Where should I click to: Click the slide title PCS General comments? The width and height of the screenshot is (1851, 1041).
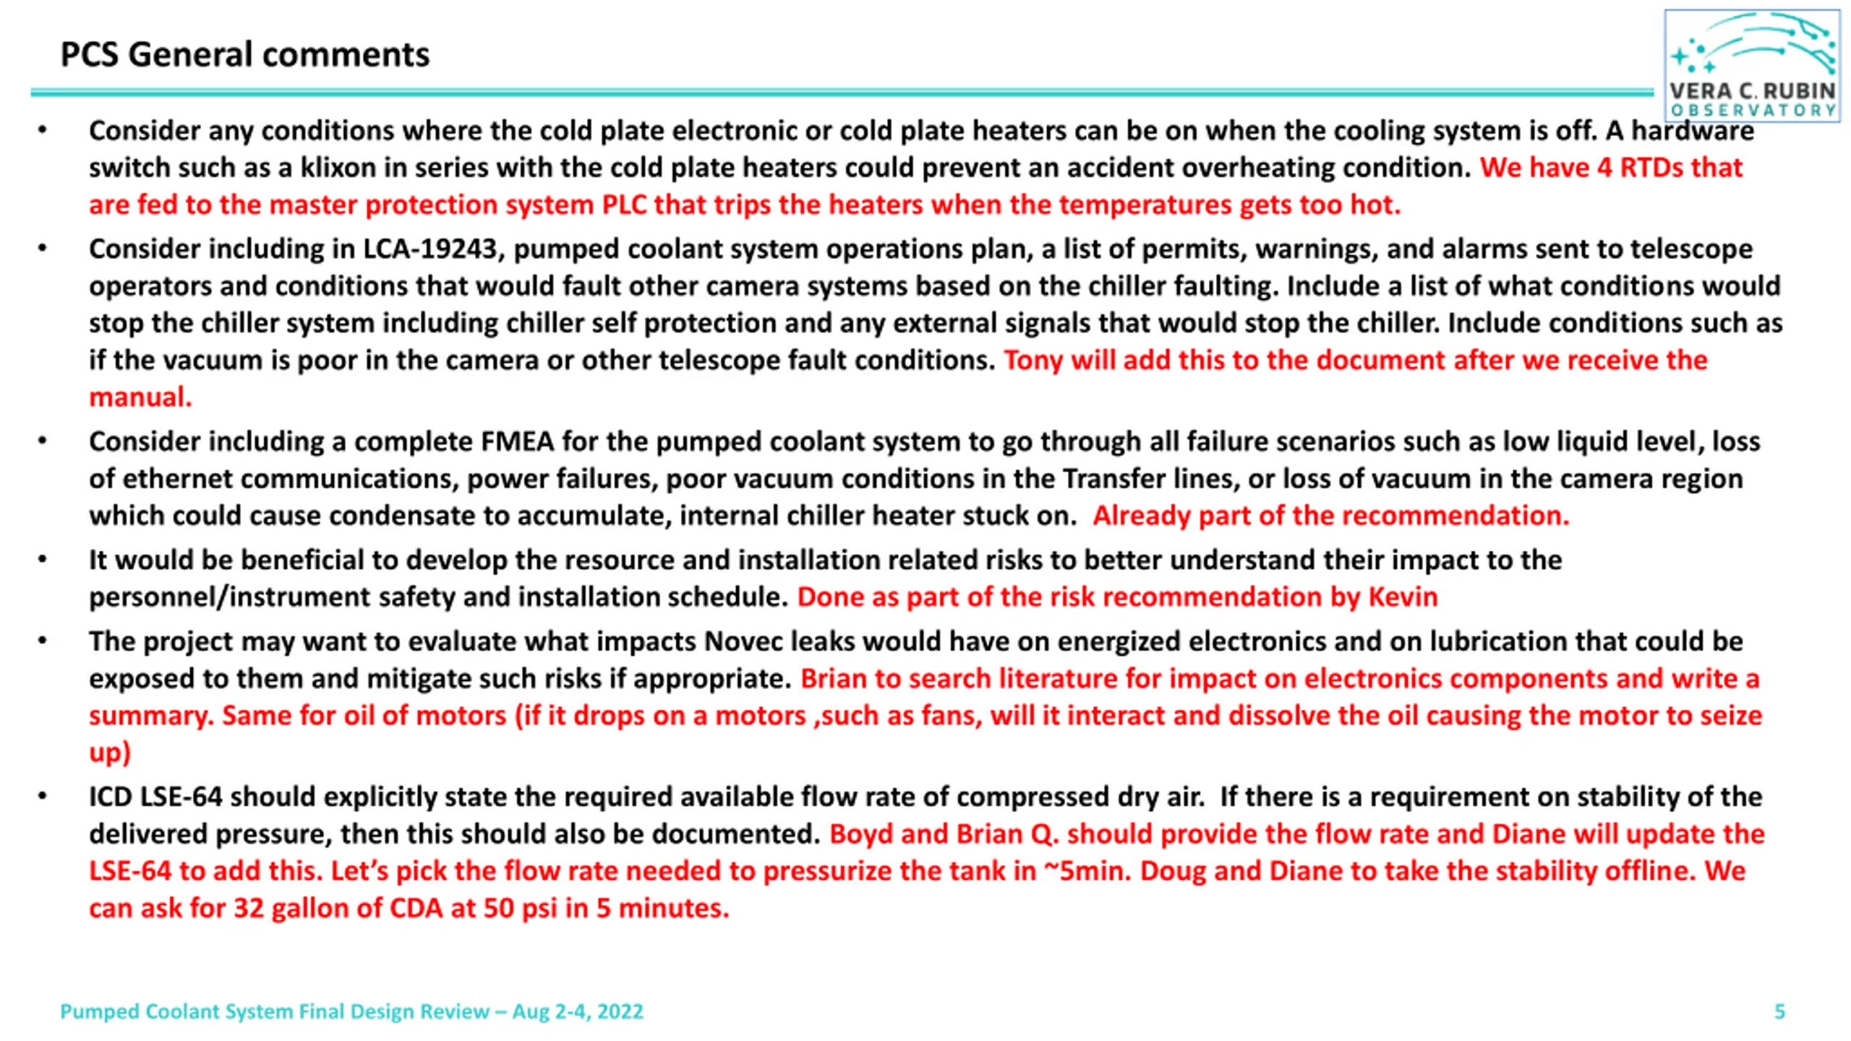click(244, 55)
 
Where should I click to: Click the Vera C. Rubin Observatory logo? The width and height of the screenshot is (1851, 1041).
click(1751, 65)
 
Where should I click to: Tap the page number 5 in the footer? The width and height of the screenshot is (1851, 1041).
click(1779, 1011)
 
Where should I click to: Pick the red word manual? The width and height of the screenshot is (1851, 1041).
click(140, 398)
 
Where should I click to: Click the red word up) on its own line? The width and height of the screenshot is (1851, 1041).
click(110, 753)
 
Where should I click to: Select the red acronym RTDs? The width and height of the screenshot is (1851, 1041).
click(1651, 168)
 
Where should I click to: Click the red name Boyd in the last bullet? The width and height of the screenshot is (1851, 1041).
click(860, 834)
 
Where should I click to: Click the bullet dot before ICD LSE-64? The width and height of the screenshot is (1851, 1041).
click(43, 797)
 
